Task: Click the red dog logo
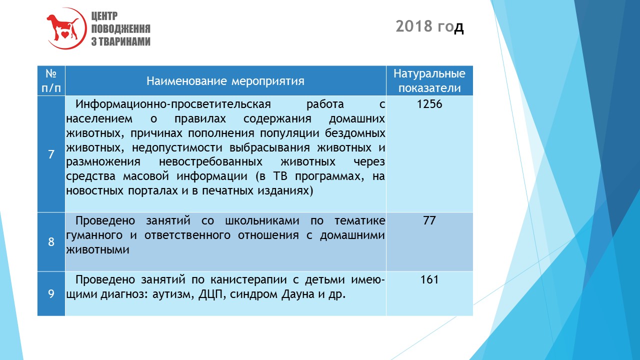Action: (x=66, y=28)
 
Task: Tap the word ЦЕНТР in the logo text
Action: (x=104, y=16)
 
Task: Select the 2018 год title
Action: (x=429, y=26)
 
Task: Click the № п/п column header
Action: (x=51, y=81)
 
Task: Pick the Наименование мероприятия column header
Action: (x=225, y=81)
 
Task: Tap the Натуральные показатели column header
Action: (x=429, y=81)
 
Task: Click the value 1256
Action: (x=429, y=104)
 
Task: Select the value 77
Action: (x=429, y=220)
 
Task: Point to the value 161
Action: (x=429, y=279)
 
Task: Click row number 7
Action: (x=51, y=154)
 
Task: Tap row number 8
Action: (x=51, y=241)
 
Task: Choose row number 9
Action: (x=51, y=293)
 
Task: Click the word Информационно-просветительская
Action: (x=173, y=104)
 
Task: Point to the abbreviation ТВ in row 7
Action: (x=280, y=176)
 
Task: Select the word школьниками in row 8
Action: (x=262, y=220)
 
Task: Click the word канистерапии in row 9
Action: (x=248, y=279)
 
